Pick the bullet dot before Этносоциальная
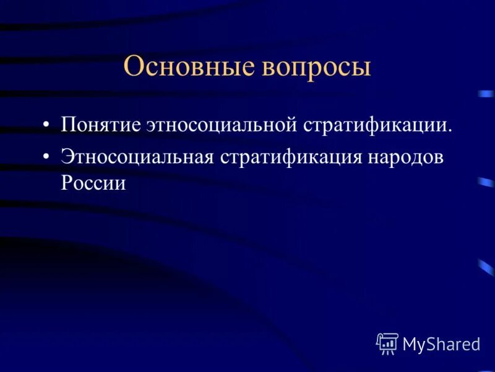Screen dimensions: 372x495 pyautogui.click(x=47, y=157)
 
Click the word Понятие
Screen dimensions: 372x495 pyautogui.click(x=100, y=125)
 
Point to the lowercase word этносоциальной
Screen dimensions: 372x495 pyautogui.click(x=223, y=125)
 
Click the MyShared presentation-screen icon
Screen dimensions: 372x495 pyautogui.click(x=387, y=343)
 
